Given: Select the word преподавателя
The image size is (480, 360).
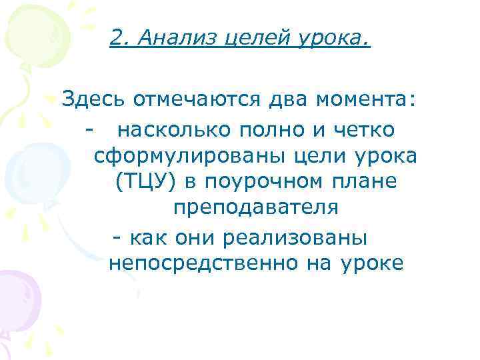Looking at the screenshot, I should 256,209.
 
